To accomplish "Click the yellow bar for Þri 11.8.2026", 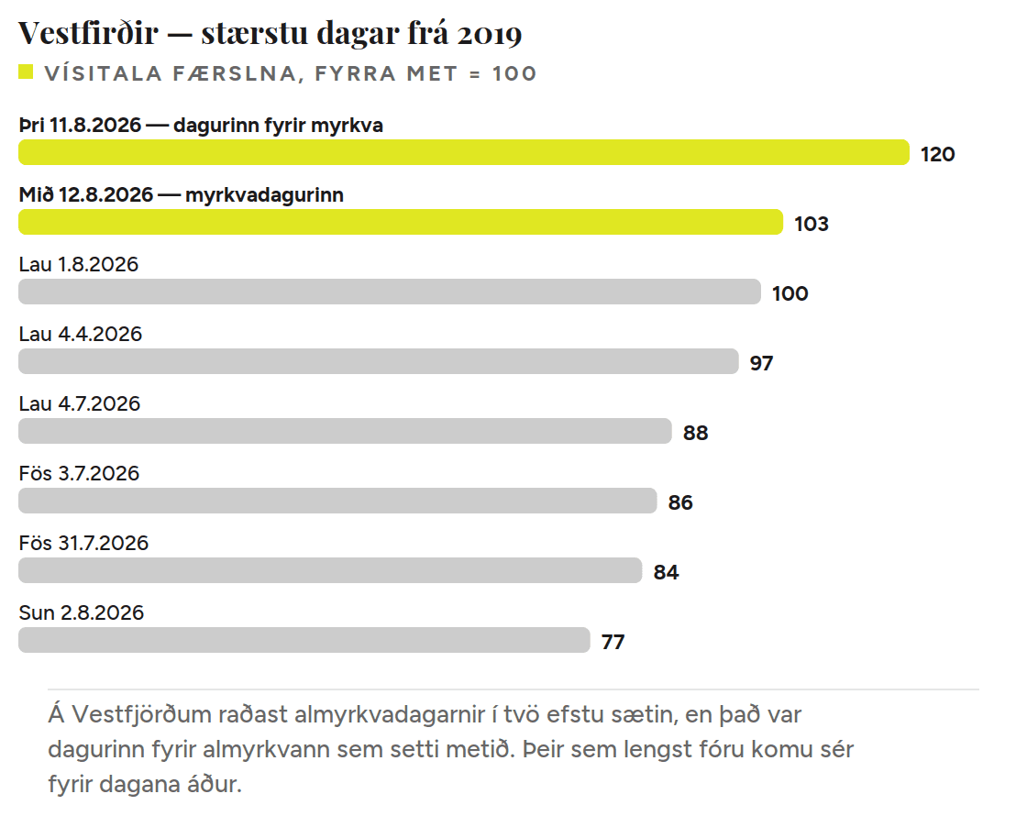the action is click(x=464, y=152).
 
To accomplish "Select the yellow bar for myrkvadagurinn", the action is click(x=401, y=222).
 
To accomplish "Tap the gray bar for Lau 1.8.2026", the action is click(x=390, y=292).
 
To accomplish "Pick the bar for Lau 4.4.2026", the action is click(x=379, y=361).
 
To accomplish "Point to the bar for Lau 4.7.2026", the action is click(x=345, y=432).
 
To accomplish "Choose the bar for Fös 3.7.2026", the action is click(x=337, y=501).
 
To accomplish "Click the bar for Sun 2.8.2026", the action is click(x=304, y=640).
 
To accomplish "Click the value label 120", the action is click(x=937, y=155).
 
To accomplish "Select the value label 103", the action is click(x=812, y=224).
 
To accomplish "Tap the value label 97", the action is click(x=762, y=363).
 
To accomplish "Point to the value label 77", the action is click(x=613, y=642).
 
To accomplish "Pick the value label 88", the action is click(x=696, y=433).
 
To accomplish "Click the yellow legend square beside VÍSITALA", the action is click(x=26, y=72).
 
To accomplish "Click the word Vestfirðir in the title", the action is click(x=88, y=33).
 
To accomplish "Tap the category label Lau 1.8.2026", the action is click(x=79, y=264).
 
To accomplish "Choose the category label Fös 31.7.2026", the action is click(x=83, y=544).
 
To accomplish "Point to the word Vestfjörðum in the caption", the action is click(x=141, y=714).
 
